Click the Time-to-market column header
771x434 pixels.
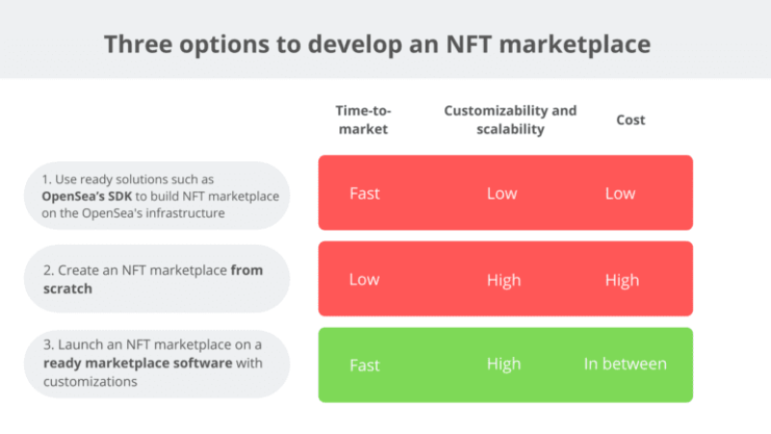[x=362, y=120]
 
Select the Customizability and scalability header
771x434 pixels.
[x=510, y=120]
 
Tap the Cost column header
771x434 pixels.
[x=630, y=120]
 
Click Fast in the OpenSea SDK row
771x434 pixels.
[x=364, y=193]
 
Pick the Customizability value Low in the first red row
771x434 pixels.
[x=501, y=193]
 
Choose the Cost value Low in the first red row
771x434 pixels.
[x=620, y=193]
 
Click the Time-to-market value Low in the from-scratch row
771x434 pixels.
[x=363, y=280]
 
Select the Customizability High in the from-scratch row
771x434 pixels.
[x=503, y=280]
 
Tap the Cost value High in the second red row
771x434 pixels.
[x=622, y=280]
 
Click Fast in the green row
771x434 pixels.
[x=364, y=366]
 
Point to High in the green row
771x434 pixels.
[x=503, y=364]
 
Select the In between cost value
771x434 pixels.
[x=625, y=364]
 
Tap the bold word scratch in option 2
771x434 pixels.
[x=67, y=288]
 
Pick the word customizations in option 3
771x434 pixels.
[x=90, y=381]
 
